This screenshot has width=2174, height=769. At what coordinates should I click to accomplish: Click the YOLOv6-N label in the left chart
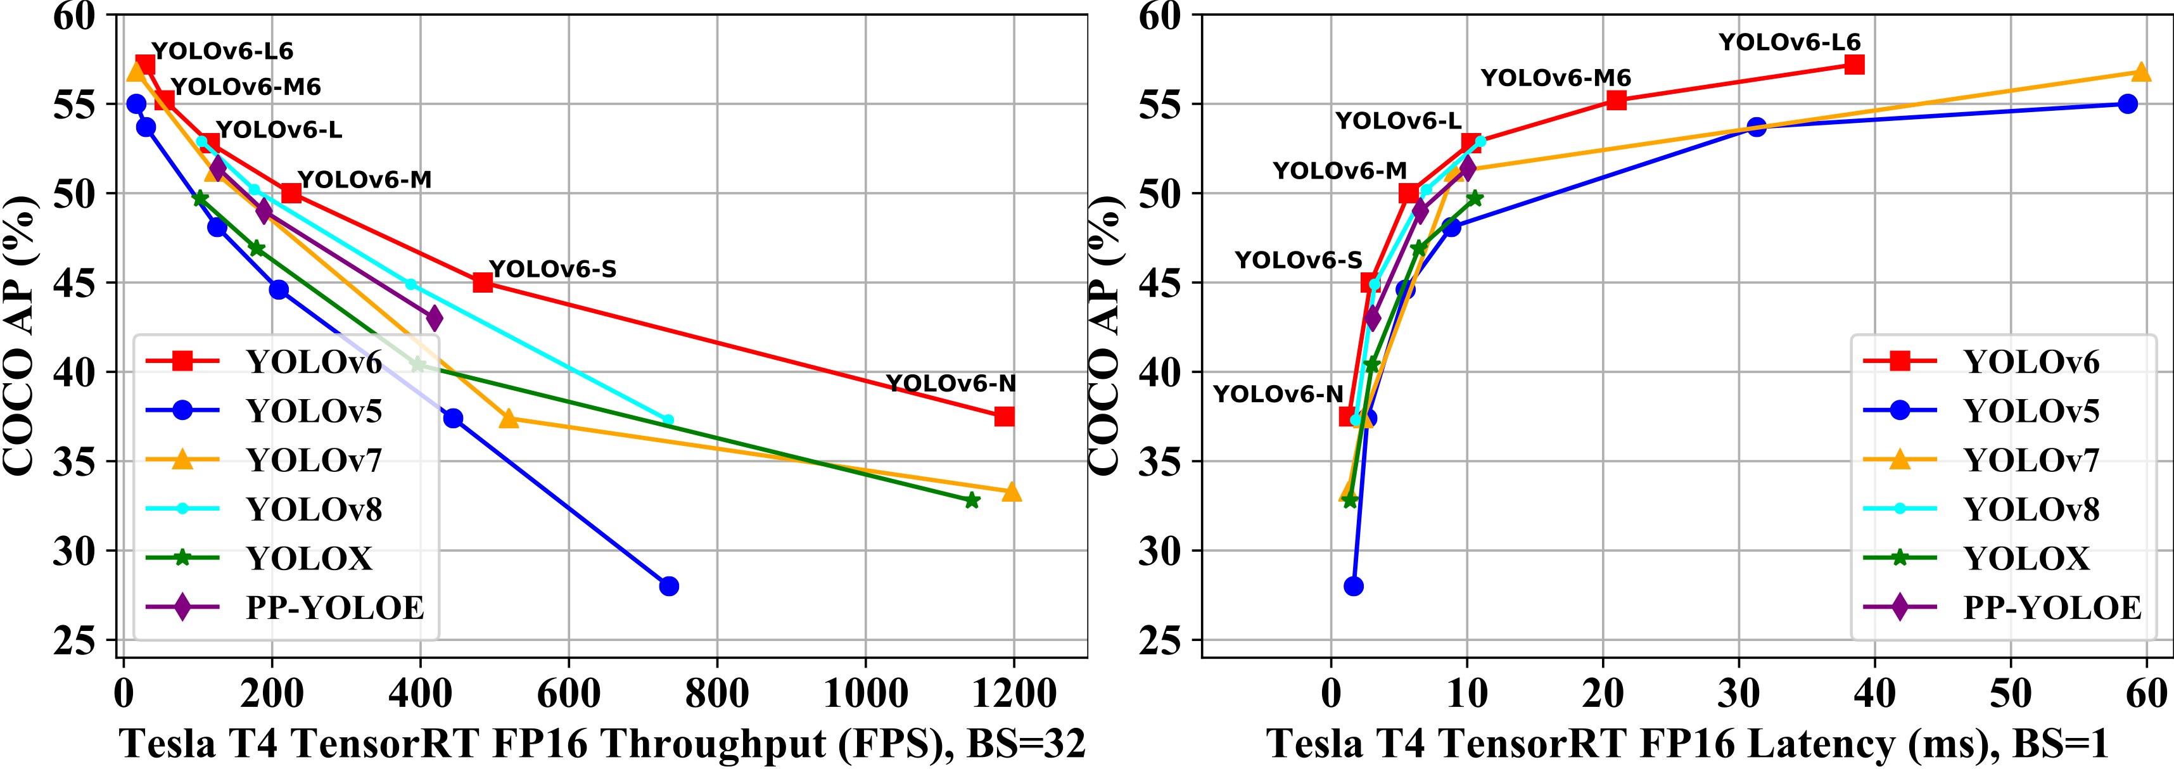click(x=950, y=384)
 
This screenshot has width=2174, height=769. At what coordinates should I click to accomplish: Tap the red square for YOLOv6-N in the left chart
click(x=1003, y=416)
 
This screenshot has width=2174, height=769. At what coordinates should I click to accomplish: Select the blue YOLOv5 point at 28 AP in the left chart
click(x=668, y=586)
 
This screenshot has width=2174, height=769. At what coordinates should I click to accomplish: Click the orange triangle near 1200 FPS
click(x=1012, y=492)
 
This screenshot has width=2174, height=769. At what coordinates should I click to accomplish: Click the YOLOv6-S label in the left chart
click(x=553, y=269)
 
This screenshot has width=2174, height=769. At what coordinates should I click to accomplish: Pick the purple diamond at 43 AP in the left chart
click(x=434, y=318)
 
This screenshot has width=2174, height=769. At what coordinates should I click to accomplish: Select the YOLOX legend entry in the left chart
click(x=309, y=559)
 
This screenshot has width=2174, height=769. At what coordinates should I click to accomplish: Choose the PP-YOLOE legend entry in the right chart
click(x=2052, y=607)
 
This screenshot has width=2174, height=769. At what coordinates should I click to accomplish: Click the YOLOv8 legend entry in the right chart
click(x=2031, y=510)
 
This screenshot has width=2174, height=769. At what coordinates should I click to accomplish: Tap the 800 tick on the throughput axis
click(x=716, y=694)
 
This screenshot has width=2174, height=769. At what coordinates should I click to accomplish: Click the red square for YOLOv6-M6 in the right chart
click(x=1616, y=101)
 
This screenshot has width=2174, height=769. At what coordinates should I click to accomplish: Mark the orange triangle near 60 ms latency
click(x=2141, y=73)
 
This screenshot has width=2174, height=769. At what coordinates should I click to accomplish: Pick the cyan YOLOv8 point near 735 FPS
click(x=668, y=419)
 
